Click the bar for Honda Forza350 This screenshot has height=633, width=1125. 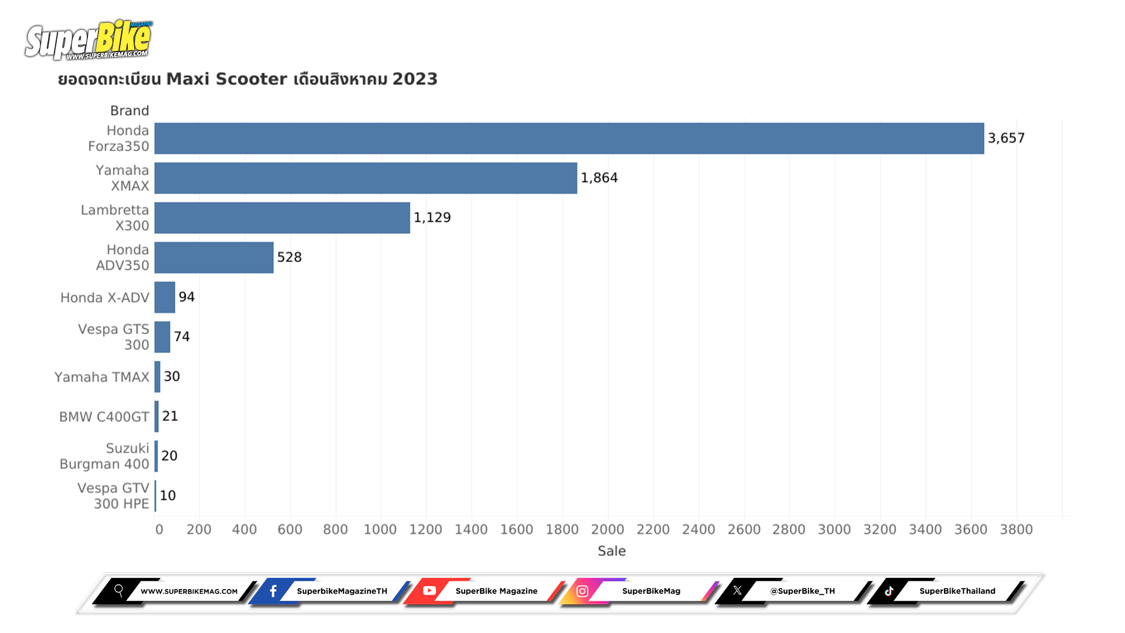(x=568, y=138)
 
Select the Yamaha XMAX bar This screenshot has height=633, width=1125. (x=366, y=178)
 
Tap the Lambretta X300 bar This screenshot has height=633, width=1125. (x=282, y=218)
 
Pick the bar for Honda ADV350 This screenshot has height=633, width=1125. (x=214, y=257)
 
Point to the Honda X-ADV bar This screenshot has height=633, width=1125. (x=165, y=297)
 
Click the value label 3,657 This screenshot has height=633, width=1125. (x=1006, y=138)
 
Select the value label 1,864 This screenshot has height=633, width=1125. (x=599, y=178)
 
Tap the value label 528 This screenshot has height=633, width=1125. (x=289, y=257)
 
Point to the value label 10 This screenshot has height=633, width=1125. (x=168, y=496)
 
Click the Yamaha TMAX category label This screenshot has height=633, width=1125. (x=102, y=377)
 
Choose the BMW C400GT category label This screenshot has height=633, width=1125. (x=104, y=417)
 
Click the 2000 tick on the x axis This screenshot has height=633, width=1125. (x=608, y=529)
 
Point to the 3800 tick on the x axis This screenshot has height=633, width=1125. (x=1016, y=529)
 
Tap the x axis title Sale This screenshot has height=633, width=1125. (x=612, y=551)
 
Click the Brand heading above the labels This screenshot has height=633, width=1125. (x=129, y=111)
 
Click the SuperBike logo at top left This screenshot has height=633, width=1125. (x=88, y=40)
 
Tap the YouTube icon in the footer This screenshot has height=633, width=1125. (x=429, y=591)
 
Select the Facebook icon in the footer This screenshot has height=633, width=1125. (x=273, y=591)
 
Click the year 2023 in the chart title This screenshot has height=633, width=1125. (x=415, y=79)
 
